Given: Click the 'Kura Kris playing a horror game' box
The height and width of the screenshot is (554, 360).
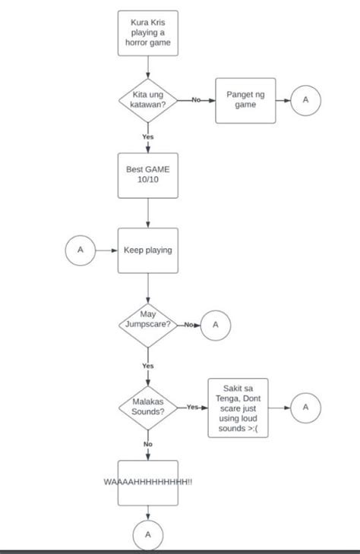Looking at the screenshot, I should tap(147, 33).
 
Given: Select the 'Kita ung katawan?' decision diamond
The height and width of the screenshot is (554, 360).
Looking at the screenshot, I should tap(147, 100).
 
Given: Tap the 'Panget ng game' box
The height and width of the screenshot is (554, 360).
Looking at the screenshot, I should tap(245, 100).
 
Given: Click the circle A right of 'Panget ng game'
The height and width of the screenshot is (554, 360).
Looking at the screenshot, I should tap(306, 100).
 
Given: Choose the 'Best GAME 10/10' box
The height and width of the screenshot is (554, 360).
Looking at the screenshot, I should tap(147, 175).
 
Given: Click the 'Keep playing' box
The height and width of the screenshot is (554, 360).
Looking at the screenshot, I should tap(147, 250).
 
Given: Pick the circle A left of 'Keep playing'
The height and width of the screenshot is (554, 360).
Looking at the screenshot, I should tap(81, 250).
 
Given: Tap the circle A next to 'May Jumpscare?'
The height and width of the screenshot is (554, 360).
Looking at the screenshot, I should tap(215, 325).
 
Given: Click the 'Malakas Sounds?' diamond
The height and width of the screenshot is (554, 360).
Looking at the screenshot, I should tap(147, 407).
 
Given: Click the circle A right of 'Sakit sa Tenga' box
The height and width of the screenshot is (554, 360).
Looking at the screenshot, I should tap(306, 408).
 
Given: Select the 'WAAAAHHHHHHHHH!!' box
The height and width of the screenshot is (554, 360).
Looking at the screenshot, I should tap(147, 482).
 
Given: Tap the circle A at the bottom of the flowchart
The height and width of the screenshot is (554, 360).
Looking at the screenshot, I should tap(147, 536).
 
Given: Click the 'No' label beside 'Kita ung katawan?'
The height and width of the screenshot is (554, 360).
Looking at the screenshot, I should tap(196, 100).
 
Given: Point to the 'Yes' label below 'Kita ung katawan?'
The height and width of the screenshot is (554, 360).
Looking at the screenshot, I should tap(147, 137).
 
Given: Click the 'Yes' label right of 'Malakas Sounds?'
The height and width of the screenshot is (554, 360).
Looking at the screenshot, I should tap(192, 408).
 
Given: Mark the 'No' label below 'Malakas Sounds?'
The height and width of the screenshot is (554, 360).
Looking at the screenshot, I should tap(147, 444).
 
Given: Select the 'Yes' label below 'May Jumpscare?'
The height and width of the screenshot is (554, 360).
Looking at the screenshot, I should tap(147, 366).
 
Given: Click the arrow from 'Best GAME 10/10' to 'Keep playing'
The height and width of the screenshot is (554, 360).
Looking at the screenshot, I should tap(147, 213).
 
